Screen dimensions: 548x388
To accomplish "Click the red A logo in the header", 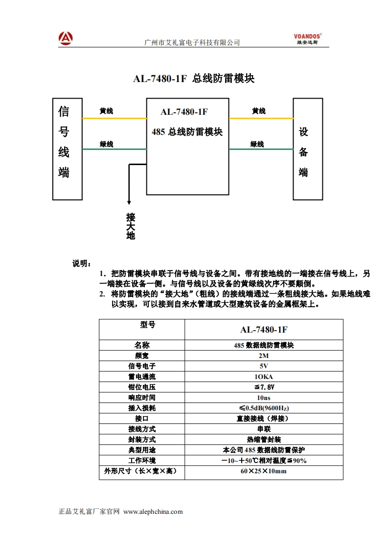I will (66, 38).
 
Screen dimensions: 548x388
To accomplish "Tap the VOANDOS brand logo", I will (307, 39).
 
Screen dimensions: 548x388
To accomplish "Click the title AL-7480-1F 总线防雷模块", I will (194, 79).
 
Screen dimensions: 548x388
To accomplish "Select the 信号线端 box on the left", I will (67, 149).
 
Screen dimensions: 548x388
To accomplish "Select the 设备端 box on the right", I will (308, 149).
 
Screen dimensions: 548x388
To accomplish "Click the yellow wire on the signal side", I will (114, 118).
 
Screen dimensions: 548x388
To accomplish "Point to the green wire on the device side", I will (261, 149).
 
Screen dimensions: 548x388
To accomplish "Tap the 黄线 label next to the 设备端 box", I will (258, 111).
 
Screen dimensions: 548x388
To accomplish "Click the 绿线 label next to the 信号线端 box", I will (106, 144).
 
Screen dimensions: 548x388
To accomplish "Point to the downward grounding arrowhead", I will (129, 202).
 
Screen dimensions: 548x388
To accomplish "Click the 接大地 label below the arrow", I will (130, 226).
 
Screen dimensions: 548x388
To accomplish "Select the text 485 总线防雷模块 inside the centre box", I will (187, 132).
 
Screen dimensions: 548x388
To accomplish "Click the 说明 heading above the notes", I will (81, 264).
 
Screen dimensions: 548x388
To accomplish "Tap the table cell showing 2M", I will (264, 356).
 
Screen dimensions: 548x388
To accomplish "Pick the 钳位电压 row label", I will (141, 387).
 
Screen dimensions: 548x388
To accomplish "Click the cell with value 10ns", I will (264, 398).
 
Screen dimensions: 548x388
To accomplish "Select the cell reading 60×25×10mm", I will (264, 471).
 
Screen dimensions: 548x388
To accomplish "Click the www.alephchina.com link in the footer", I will (153, 512).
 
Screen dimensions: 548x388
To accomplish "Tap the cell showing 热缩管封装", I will (264, 439).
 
